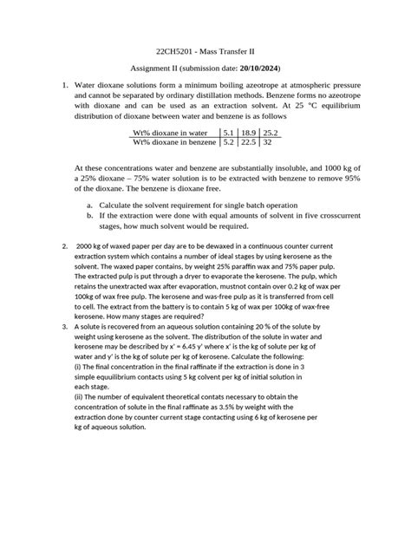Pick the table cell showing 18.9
pyautogui.click(x=251, y=133)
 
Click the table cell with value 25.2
pyautogui.click(x=273, y=133)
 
